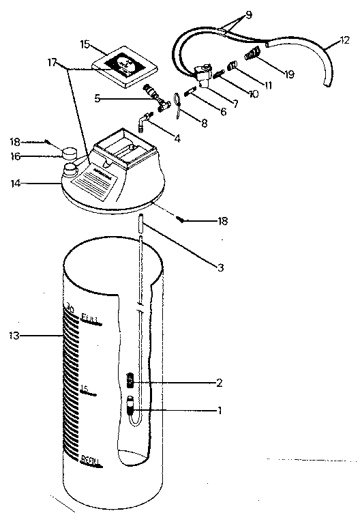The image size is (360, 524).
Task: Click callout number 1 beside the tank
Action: (x=219, y=411)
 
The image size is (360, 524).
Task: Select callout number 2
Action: (x=219, y=383)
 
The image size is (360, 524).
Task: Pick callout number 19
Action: (x=290, y=74)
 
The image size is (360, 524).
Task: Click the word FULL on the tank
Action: (x=90, y=319)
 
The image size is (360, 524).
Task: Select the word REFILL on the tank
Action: (x=91, y=461)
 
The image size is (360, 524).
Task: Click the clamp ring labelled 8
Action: (x=177, y=102)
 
